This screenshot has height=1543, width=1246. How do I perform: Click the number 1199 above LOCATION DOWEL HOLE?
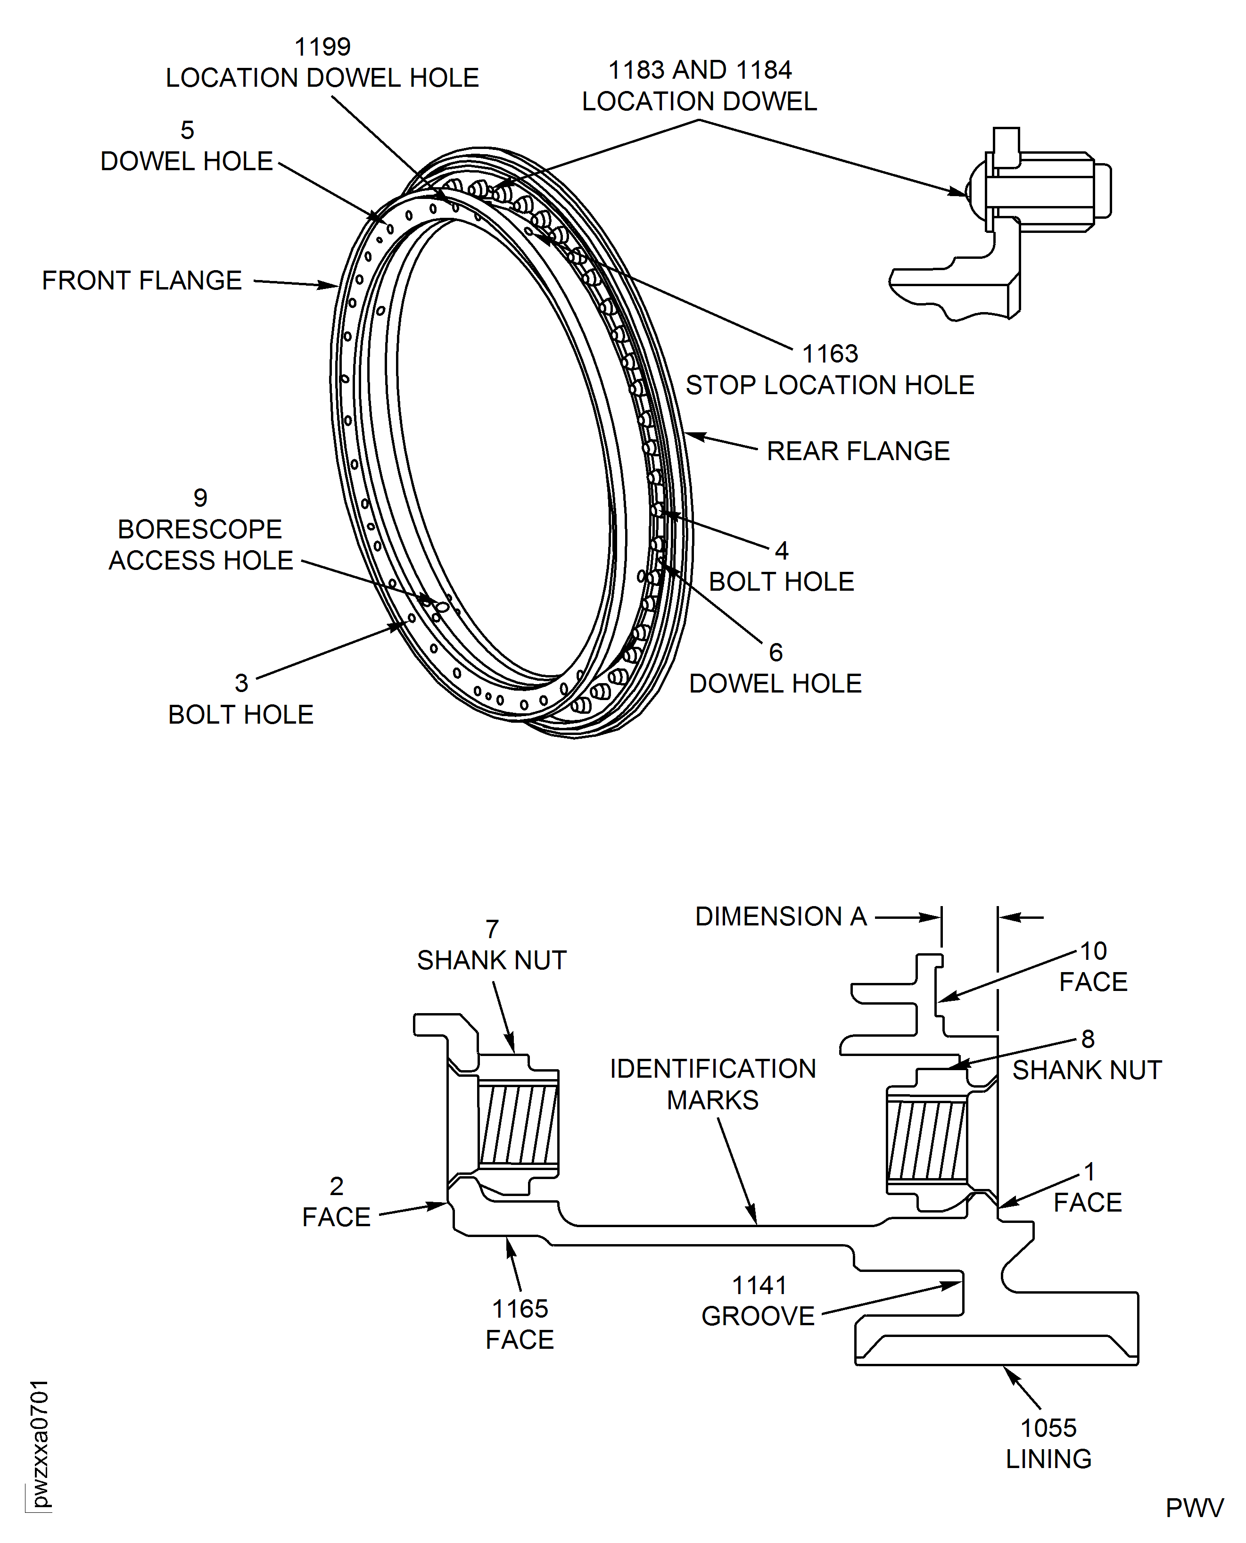click(x=322, y=47)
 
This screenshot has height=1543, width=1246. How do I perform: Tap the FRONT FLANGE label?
click(x=141, y=281)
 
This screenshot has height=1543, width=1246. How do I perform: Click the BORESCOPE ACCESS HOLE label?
click(x=200, y=545)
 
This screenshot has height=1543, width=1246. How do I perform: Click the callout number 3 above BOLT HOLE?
click(x=241, y=683)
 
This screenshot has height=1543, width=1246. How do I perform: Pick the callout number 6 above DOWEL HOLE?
click(x=775, y=652)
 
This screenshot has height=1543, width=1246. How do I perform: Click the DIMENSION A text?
click(x=781, y=916)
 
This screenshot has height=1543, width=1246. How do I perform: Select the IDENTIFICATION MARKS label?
click(x=713, y=1084)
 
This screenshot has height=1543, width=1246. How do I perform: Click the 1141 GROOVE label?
click(x=759, y=1300)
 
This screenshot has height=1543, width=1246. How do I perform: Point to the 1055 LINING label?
click(x=1048, y=1443)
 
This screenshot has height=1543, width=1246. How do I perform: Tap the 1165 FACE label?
click(x=520, y=1324)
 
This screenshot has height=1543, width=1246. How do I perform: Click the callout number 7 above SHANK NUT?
click(x=492, y=929)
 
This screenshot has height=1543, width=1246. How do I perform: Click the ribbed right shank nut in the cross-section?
click(x=927, y=1140)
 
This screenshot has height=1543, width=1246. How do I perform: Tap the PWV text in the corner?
click(x=1194, y=1508)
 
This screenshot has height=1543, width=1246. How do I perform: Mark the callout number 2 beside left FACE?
click(x=337, y=1186)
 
